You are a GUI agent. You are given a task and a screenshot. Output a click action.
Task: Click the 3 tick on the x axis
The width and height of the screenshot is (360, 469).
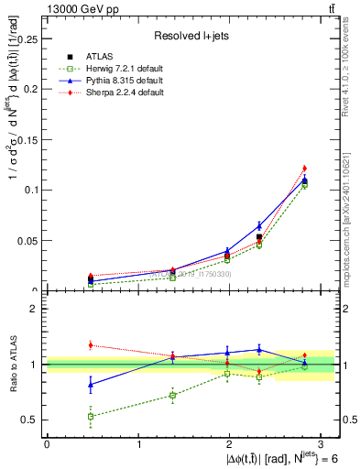322,443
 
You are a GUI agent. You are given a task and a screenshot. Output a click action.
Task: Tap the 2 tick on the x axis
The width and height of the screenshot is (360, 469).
231,443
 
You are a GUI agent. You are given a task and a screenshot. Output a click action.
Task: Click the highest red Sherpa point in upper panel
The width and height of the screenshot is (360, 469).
305,168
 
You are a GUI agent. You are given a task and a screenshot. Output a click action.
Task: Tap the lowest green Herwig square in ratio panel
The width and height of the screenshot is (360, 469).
90,416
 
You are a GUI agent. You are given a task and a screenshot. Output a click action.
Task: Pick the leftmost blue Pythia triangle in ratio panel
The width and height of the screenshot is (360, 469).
90,384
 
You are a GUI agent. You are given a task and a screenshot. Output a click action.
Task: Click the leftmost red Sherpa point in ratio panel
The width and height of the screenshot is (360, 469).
90,344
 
